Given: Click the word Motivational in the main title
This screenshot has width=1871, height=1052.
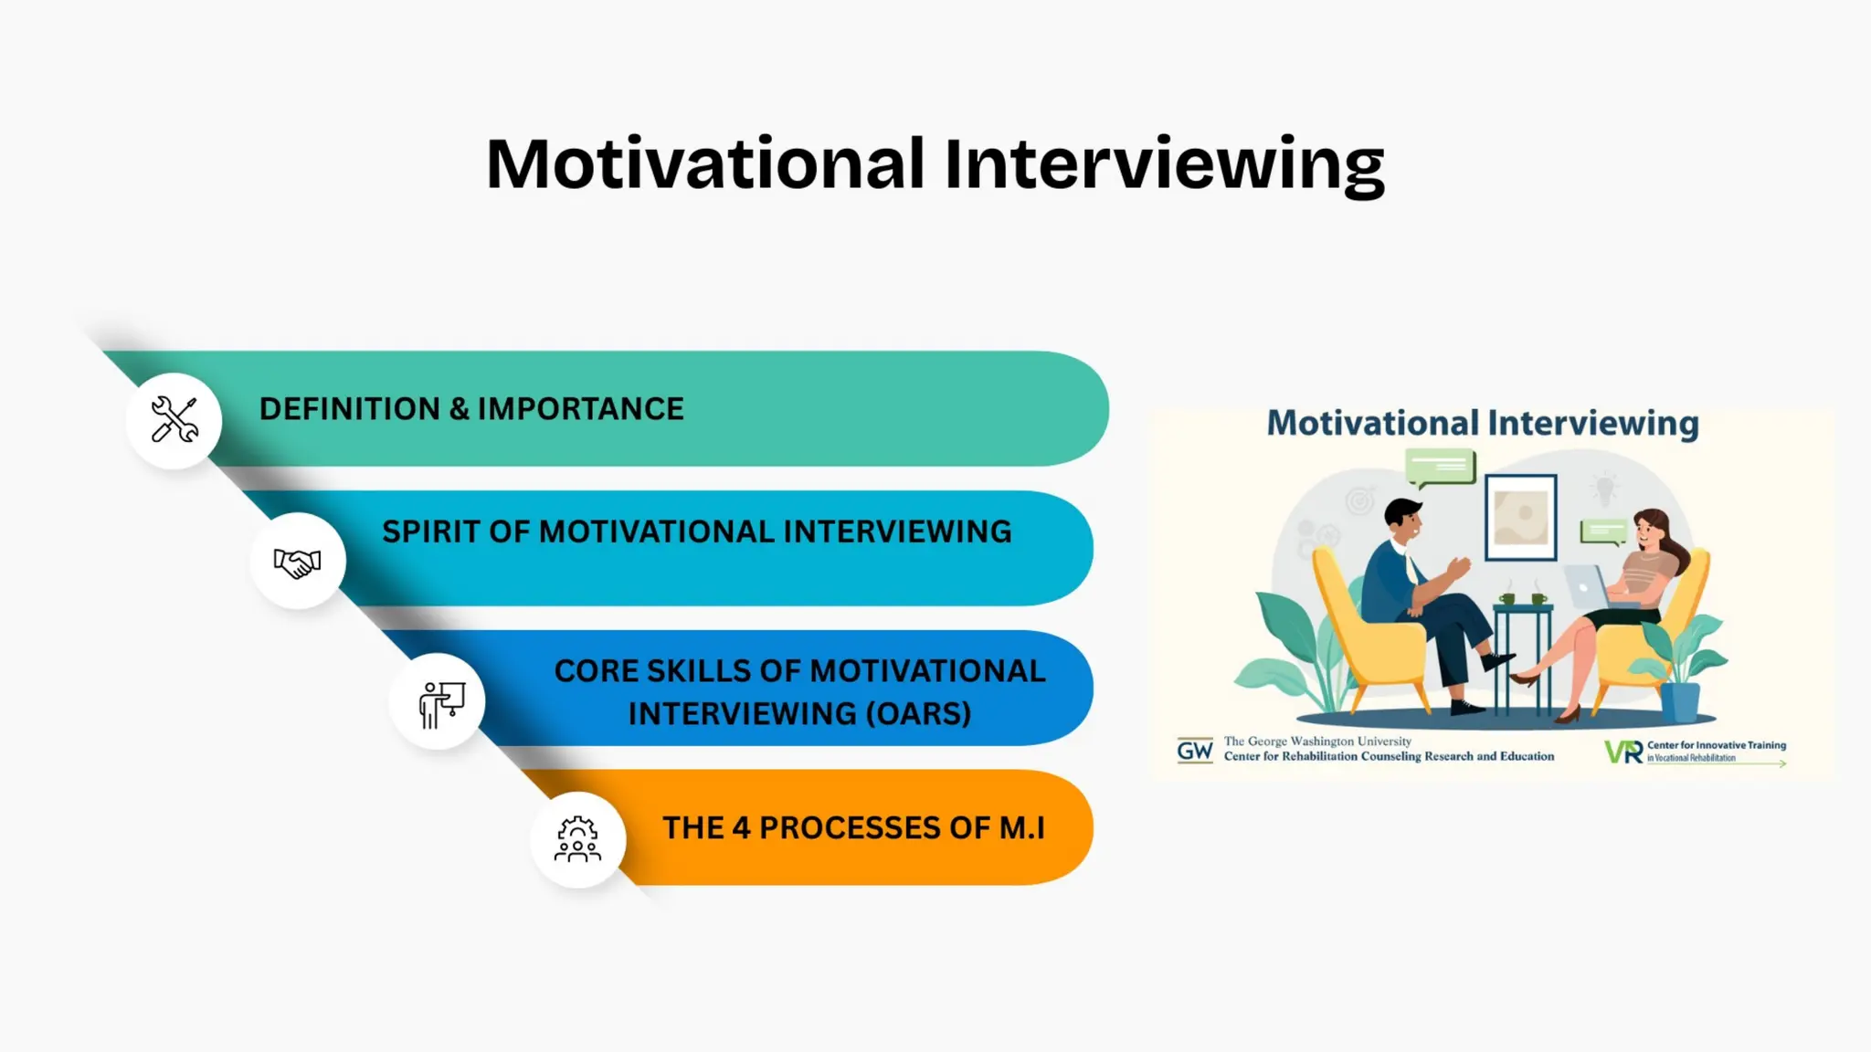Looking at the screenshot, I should point(705,164).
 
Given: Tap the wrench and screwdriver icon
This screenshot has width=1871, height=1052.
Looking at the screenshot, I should point(174,420).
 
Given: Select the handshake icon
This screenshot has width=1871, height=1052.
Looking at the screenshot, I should point(298,561).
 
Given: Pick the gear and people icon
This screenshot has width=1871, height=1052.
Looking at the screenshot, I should point(577,840).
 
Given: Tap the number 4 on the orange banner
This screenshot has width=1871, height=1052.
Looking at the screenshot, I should point(741,827).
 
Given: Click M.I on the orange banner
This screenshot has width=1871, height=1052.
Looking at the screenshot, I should point(1021,827).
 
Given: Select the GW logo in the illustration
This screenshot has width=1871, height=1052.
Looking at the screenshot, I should point(1194,751).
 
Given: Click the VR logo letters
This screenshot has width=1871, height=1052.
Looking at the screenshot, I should point(1623,752).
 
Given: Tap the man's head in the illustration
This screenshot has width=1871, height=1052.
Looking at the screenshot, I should point(1402,518).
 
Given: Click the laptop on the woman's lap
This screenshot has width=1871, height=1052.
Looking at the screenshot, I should point(1588,587).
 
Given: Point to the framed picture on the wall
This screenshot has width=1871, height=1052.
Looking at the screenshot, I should point(1520,517).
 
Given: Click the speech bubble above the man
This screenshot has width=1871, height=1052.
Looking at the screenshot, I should point(1441,467).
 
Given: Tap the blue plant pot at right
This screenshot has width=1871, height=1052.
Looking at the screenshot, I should point(1679,701).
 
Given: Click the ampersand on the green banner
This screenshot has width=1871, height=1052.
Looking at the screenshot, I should point(459,409).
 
